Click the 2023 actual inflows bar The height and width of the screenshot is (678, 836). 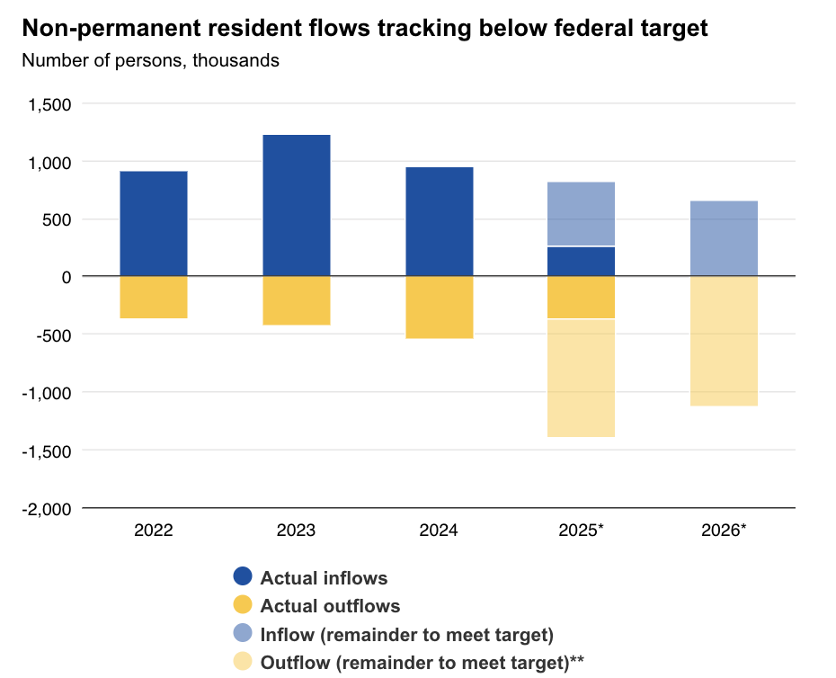click(296, 205)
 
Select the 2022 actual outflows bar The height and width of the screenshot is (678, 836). click(154, 297)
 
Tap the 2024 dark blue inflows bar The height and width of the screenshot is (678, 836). click(439, 221)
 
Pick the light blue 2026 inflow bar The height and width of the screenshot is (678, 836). click(724, 238)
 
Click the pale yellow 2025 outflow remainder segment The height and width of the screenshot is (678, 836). click(581, 378)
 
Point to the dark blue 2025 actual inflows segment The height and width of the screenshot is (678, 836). click(581, 261)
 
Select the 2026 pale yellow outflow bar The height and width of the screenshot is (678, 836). click(724, 342)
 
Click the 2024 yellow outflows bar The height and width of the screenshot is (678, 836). click(439, 308)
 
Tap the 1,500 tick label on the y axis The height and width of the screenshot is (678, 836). click(50, 104)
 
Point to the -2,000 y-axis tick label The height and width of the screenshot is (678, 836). click(47, 508)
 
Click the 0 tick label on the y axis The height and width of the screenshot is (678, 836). click(66, 277)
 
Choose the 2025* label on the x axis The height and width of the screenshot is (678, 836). click(581, 531)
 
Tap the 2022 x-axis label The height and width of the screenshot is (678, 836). click(154, 531)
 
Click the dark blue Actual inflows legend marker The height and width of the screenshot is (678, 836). click(243, 577)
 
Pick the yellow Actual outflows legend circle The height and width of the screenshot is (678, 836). click(243, 606)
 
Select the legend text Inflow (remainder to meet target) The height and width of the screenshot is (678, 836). click(406, 635)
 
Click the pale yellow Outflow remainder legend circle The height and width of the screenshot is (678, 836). click(243, 663)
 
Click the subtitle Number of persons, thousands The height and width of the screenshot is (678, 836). click(150, 61)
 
